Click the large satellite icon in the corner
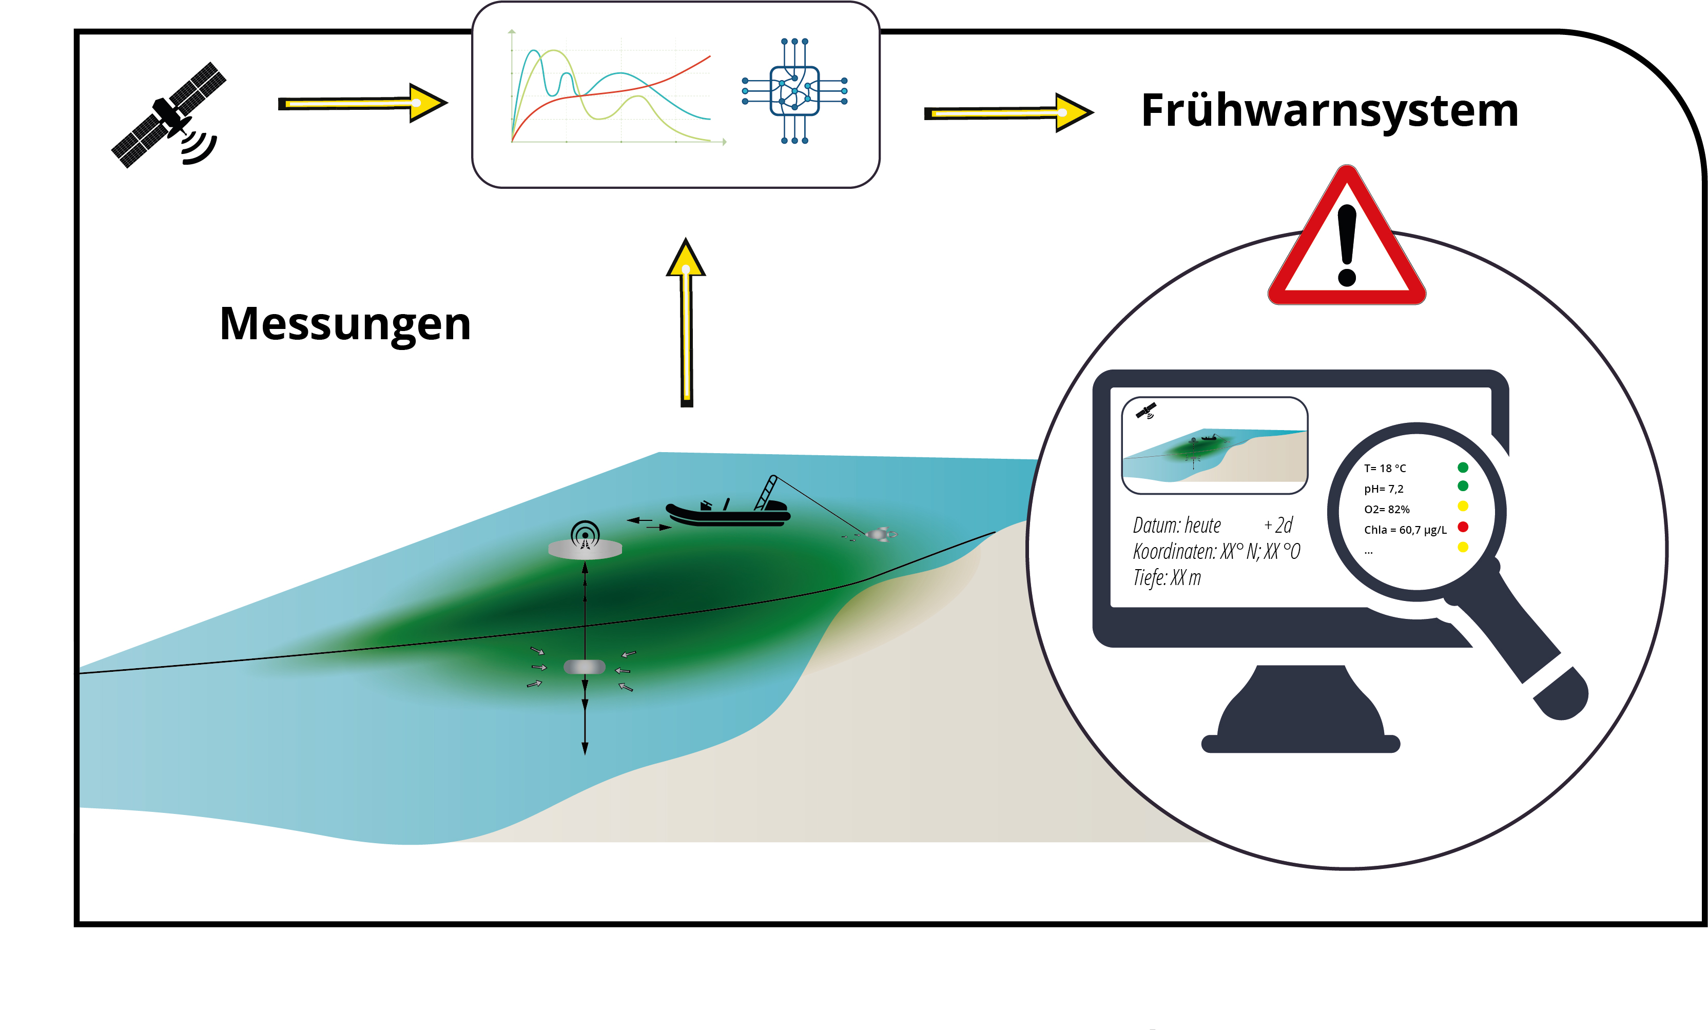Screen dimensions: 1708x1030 pyautogui.click(x=168, y=115)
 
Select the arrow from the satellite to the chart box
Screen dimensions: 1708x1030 pyautogui.click(x=362, y=103)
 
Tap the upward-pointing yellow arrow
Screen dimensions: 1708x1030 pyautogui.click(x=686, y=322)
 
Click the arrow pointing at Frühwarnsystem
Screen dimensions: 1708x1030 pyautogui.click(x=1008, y=112)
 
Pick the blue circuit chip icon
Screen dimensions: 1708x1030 pyautogui.click(x=794, y=91)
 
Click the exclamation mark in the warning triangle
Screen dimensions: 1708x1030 pyautogui.click(x=1347, y=245)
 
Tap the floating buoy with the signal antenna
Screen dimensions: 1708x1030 pyautogui.click(x=585, y=540)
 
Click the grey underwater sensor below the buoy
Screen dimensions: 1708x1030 pyautogui.click(x=585, y=667)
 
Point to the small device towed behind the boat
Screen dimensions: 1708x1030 pyautogui.click(x=878, y=534)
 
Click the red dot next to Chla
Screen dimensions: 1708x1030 pyautogui.click(x=1463, y=527)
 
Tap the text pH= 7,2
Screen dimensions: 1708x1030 pyautogui.click(x=1384, y=489)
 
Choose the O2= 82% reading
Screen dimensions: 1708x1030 pyautogui.click(x=1386, y=510)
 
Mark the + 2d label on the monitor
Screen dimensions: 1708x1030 pyautogui.click(x=1278, y=524)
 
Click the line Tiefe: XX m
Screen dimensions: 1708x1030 pyautogui.click(x=1167, y=577)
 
